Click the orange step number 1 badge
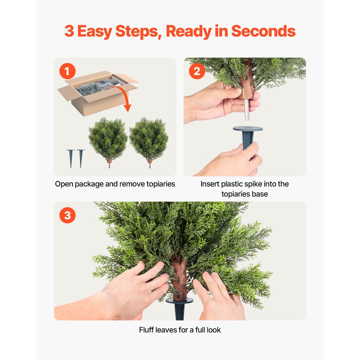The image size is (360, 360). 67,71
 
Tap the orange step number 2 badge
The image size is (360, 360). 197,71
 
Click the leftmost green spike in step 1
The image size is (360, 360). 71,158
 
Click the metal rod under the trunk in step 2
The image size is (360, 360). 247,110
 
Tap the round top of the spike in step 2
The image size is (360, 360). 248,129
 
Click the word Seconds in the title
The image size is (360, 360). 263,32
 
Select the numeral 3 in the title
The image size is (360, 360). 69,32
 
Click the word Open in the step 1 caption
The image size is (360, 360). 64,184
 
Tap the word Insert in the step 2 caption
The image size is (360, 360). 210,184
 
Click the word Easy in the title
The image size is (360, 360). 95,32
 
